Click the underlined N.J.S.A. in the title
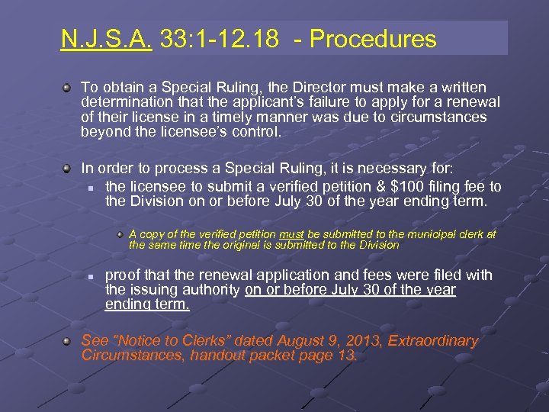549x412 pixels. coord(107,39)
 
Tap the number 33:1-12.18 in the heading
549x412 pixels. coord(220,39)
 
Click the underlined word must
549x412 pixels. coord(292,234)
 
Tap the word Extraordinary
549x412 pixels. coord(433,341)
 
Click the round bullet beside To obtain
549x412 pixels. coord(68,88)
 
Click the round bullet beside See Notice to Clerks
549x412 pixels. coord(68,341)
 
